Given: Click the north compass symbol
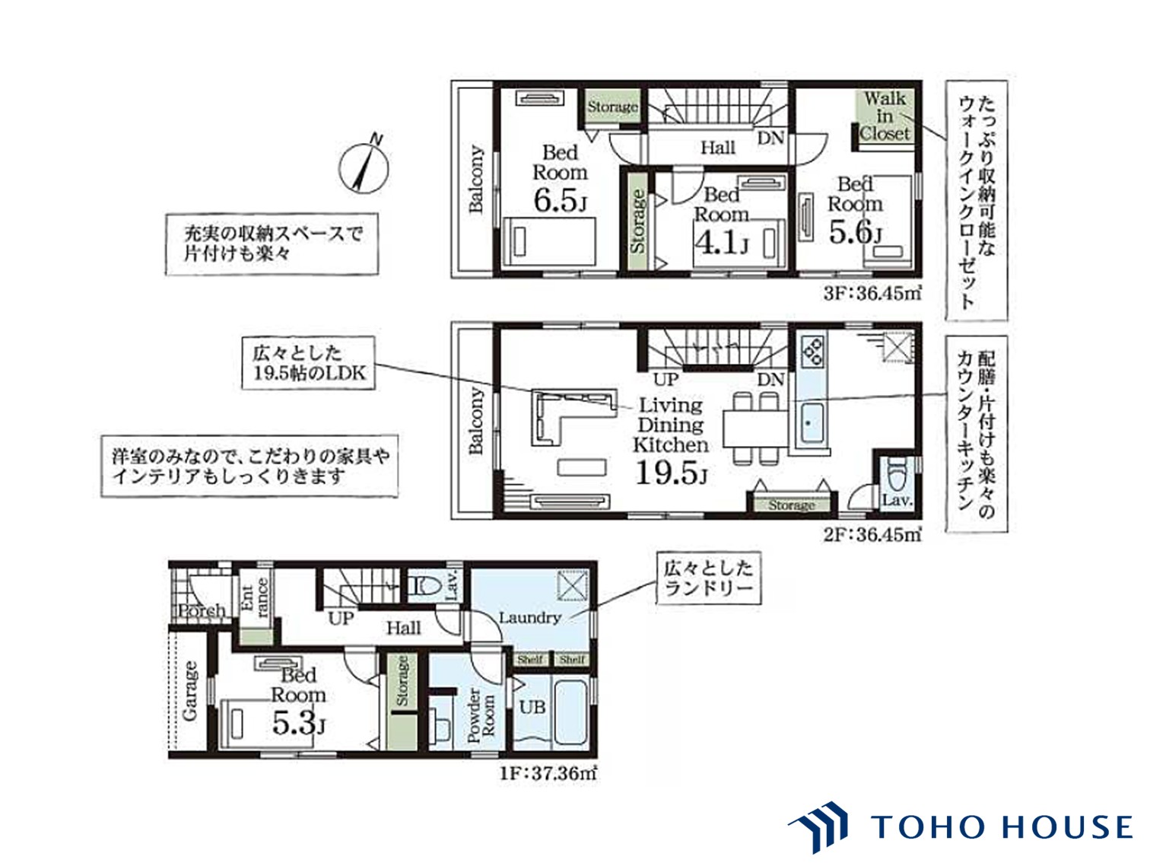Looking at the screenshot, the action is (x=364, y=166).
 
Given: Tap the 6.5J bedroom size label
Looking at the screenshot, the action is (x=559, y=199).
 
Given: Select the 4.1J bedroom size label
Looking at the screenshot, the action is (x=720, y=243).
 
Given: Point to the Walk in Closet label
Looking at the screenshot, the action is (x=885, y=116).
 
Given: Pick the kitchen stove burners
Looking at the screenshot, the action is (x=812, y=351).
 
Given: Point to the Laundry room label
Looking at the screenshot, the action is (x=529, y=618).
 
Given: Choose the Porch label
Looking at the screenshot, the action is (x=202, y=611).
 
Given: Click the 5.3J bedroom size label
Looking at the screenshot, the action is (x=299, y=724).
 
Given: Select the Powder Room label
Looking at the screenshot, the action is (x=481, y=715).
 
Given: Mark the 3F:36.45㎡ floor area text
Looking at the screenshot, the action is (x=872, y=293).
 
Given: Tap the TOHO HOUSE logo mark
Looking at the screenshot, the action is (x=818, y=826).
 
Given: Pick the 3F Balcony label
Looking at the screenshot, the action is (x=476, y=179).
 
